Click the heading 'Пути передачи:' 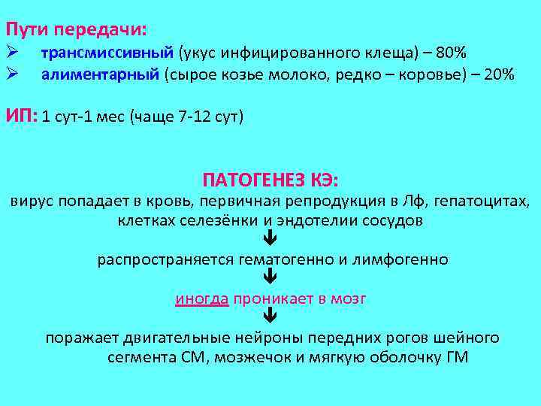pyautogui.click(x=77, y=30)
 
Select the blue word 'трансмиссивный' pyautogui.click(x=107, y=53)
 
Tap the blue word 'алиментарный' pyautogui.click(x=101, y=74)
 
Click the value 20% pyautogui.click(x=498, y=74)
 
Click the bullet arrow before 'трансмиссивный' pyautogui.click(x=12, y=53)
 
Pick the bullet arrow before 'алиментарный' pyautogui.click(x=12, y=74)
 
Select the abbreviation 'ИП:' pyautogui.click(x=22, y=117)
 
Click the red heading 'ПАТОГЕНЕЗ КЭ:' pyautogui.click(x=270, y=180)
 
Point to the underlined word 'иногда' pyautogui.click(x=201, y=298)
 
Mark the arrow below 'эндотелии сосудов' pyautogui.click(x=270, y=241)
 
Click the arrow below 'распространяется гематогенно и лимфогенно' pyautogui.click(x=270, y=279)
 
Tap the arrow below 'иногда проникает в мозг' pyautogui.click(x=270, y=318)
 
